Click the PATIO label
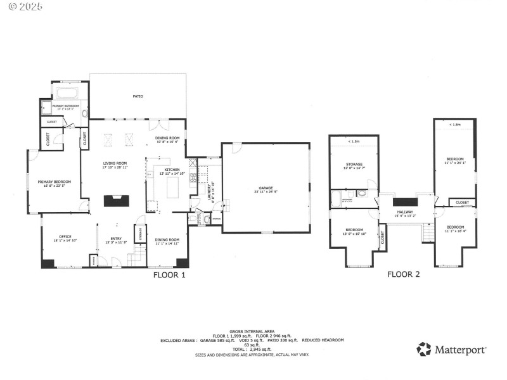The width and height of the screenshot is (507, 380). [x=138, y=96]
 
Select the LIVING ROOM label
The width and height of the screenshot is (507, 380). [x=115, y=163]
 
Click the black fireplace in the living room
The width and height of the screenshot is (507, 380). [x=116, y=201]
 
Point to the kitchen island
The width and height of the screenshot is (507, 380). [x=172, y=188]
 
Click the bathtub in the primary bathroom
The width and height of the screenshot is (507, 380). [x=65, y=92]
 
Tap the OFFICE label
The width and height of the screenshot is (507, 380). [x=65, y=237]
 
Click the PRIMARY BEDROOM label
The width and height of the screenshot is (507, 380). [x=54, y=182]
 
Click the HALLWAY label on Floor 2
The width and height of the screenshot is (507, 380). [x=405, y=212]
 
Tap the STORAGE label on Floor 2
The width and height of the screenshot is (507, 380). [x=354, y=164]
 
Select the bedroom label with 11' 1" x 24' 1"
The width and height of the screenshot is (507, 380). [x=455, y=159]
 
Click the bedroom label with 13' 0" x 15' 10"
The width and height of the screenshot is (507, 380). [x=354, y=229]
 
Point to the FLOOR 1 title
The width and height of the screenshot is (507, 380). [x=170, y=275]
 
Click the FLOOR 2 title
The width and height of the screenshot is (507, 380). [x=404, y=275]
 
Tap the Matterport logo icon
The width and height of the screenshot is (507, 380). [x=423, y=349]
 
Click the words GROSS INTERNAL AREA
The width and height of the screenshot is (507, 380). [x=252, y=331]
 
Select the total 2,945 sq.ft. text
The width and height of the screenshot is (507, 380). [x=252, y=349]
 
